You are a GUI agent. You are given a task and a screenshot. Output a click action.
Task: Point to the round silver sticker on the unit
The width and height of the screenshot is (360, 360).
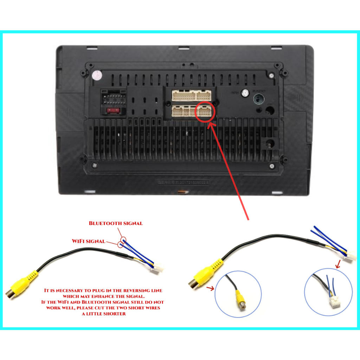96,75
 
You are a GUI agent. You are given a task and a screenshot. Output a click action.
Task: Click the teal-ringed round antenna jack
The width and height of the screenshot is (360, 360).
259,98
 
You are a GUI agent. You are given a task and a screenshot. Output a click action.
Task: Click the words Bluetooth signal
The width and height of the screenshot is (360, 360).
116,223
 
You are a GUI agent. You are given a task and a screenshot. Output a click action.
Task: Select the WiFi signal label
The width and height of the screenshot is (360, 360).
88,241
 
